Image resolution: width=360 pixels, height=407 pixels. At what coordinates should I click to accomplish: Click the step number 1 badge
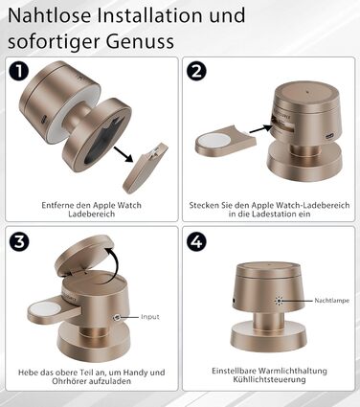pyautogui.click(x=19, y=71)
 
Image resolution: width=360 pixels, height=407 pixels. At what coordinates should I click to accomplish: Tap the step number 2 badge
pyautogui.click(x=196, y=71)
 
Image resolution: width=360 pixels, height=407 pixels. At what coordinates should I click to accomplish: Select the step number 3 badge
pyautogui.click(x=19, y=240)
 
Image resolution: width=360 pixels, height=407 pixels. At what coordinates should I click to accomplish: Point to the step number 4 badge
pyautogui.click(x=196, y=240)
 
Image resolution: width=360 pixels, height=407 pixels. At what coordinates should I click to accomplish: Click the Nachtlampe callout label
pyautogui.click(x=331, y=301)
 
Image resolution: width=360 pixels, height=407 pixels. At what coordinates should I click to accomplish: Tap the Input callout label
pyautogui.click(x=150, y=317)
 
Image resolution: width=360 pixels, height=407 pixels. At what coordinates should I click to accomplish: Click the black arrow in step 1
pyautogui.click(x=124, y=154)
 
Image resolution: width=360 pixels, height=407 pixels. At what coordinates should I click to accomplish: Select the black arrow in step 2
pyautogui.click(x=261, y=129)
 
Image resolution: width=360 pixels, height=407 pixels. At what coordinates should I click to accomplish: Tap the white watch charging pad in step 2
pyautogui.click(x=211, y=140)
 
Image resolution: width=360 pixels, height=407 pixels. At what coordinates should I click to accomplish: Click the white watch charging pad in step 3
pyautogui.click(x=42, y=308)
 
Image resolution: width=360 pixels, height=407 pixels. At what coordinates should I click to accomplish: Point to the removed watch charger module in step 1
pyautogui.click(x=146, y=169)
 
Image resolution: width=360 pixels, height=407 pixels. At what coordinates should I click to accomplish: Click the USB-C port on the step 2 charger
pyautogui.click(x=328, y=136)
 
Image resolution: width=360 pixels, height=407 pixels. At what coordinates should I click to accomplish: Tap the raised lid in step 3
pyautogui.click(x=84, y=256)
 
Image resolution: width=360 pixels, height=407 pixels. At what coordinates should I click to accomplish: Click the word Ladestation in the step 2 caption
pyautogui.click(x=274, y=214)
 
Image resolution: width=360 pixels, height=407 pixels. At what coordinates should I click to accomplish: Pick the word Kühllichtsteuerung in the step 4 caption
pyautogui.click(x=269, y=379)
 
